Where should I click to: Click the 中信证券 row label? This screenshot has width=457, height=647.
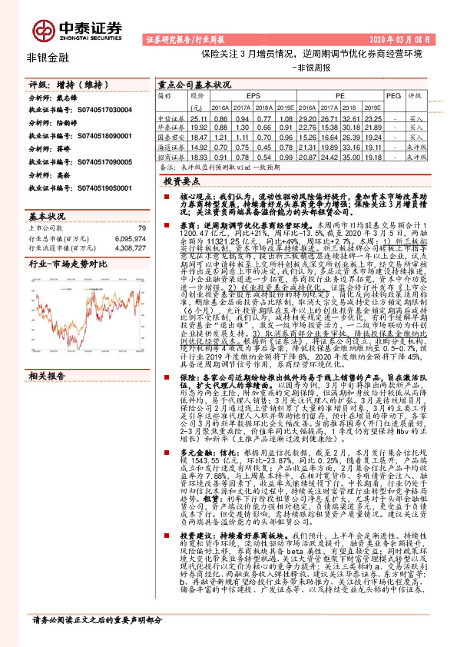pos(171,119)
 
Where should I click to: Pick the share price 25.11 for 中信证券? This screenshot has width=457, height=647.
pos(199,119)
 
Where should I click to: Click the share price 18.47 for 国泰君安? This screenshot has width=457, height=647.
pos(199,137)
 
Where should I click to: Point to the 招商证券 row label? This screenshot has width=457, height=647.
pos(171,155)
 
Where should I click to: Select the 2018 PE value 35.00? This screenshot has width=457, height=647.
pos(353,155)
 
